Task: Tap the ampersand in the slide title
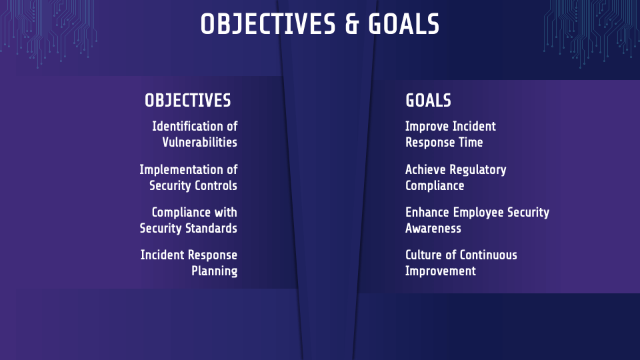click(x=353, y=25)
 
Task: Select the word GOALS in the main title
click(x=403, y=25)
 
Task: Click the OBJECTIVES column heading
click(x=188, y=101)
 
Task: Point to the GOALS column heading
click(x=428, y=101)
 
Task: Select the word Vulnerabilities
click(x=199, y=142)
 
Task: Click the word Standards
click(x=211, y=228)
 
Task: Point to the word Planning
click(x=214, y=271)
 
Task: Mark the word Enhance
click(x=427, y=212)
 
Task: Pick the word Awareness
click(x=433, y=228)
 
